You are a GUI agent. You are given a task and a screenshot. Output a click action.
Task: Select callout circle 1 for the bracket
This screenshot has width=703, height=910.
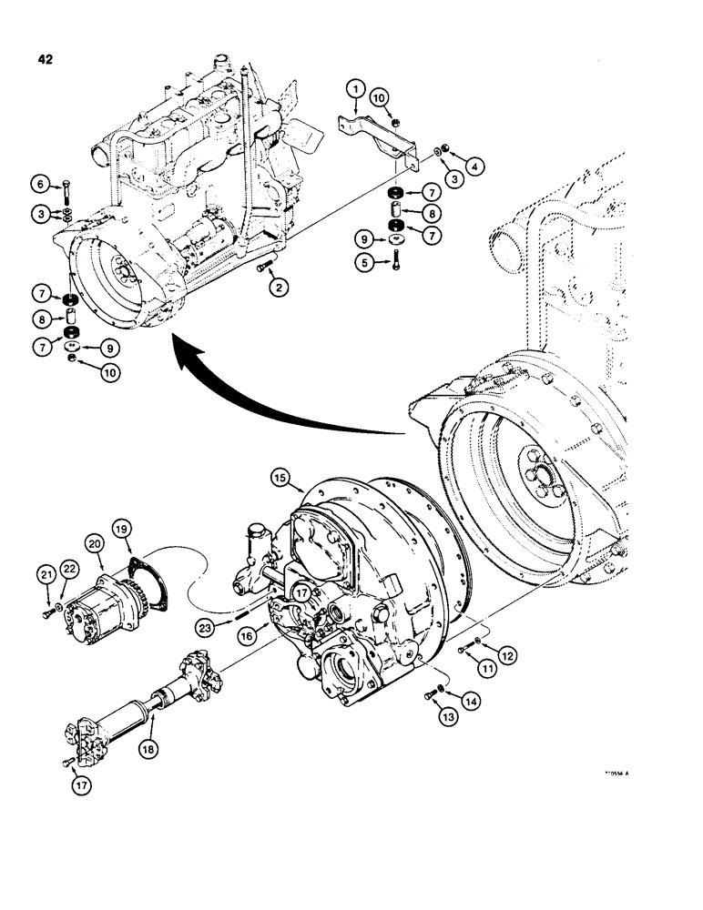pos(355,90)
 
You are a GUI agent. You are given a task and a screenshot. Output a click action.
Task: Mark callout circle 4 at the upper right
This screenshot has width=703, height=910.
pos(476,166)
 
